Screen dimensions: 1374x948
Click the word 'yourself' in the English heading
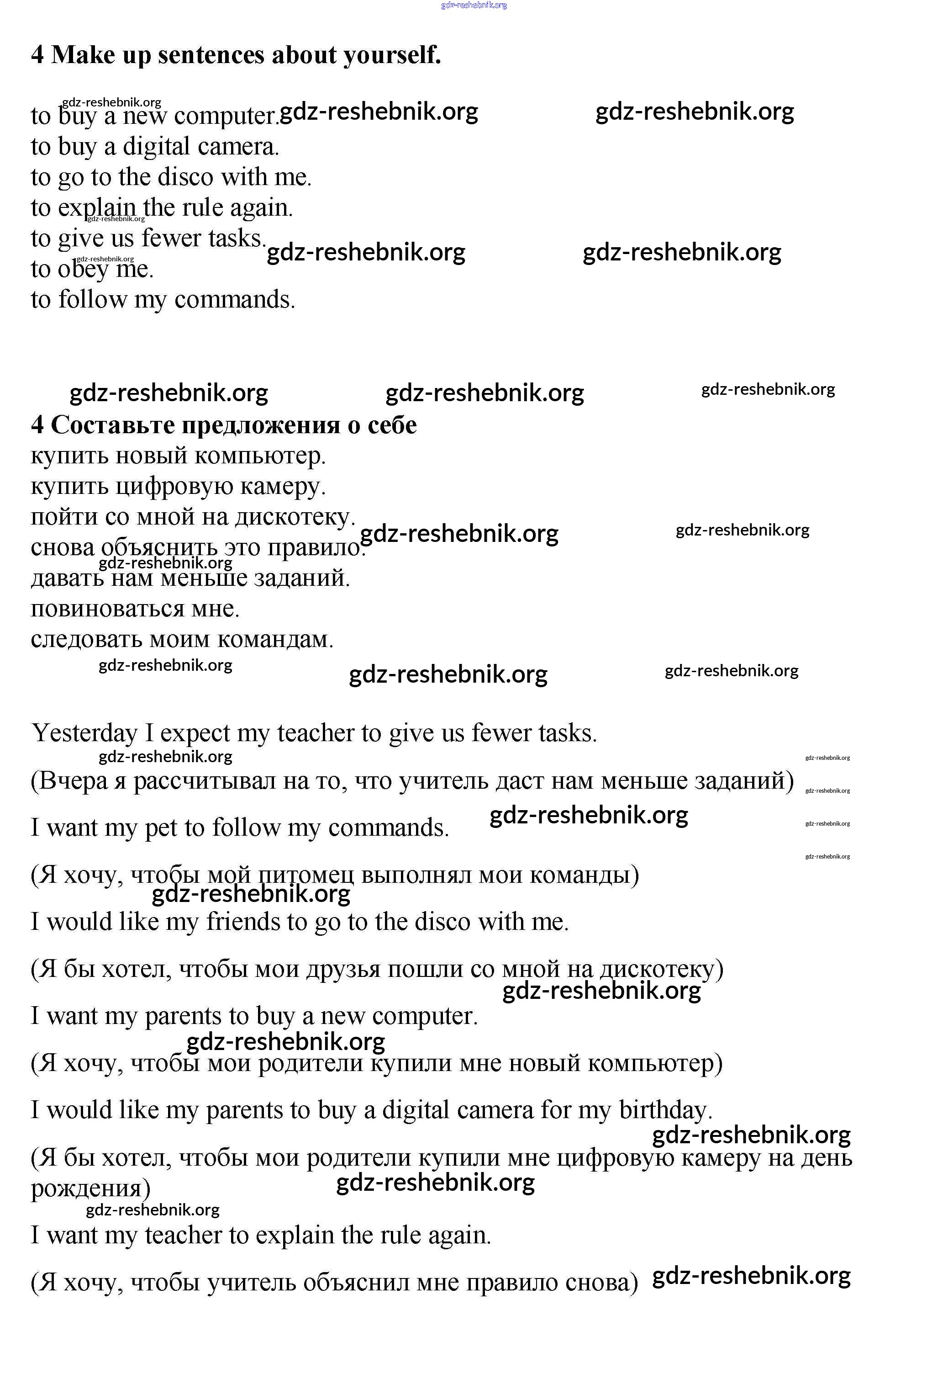(392, 55)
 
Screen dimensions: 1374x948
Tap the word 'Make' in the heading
(83, 55)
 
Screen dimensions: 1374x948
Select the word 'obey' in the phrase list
(83, 270)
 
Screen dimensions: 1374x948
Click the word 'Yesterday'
(84, 733)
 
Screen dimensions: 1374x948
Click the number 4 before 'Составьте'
(37, 425)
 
